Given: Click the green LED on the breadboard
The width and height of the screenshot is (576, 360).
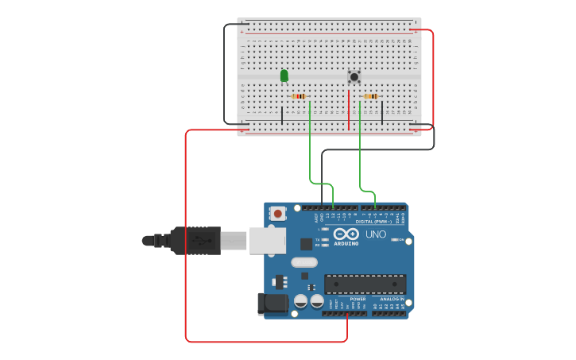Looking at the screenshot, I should click(x=284, y=75).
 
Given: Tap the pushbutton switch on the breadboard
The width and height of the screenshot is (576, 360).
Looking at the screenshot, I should click(x=354, y=77).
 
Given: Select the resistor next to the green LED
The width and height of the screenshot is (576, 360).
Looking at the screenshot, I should click(x=300, y=96).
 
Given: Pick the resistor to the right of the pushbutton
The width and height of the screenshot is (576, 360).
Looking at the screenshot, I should click(x=370, y=96).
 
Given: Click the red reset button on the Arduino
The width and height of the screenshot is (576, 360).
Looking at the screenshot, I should click(x=278, y=213).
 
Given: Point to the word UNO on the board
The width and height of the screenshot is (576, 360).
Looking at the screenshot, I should click(x=375, y=234).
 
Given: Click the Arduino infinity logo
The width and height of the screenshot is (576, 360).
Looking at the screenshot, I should click(x=347, y=234).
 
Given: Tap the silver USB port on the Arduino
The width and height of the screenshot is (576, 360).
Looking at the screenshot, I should click(x=267, y=240).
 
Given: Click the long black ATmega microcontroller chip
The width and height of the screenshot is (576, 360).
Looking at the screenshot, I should click(x=365, y=284).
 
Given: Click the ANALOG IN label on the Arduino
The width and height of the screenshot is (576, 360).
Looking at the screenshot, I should click(x=389, y=299).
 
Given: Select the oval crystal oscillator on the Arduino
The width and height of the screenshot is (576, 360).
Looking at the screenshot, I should click(x=303, y=262).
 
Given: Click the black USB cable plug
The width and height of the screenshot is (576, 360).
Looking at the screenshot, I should click(x=195, y=240).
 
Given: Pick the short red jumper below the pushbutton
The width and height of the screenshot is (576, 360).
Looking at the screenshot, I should click(x=348, y=110).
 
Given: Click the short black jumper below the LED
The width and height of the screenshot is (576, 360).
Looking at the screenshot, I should click(x=281, y=115).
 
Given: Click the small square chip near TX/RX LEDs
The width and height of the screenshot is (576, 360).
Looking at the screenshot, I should click(x=306, y=244).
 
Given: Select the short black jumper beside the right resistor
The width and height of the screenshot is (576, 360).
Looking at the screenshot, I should click(x=382, y=112).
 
